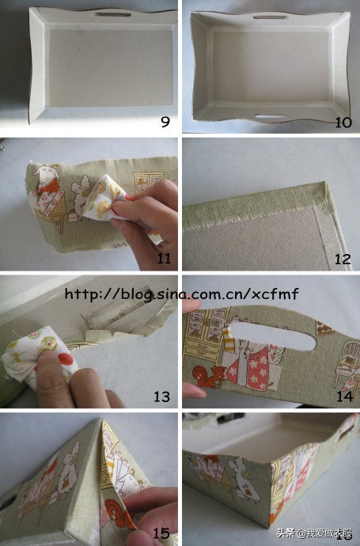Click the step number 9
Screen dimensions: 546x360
point(166,122)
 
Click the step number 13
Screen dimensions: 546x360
point(161,396)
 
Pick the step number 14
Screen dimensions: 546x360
point(343,396)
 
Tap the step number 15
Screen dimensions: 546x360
point(161,533)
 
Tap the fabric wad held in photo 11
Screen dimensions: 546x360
point(104,200)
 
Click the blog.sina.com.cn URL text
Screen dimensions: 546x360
point(181,294)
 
